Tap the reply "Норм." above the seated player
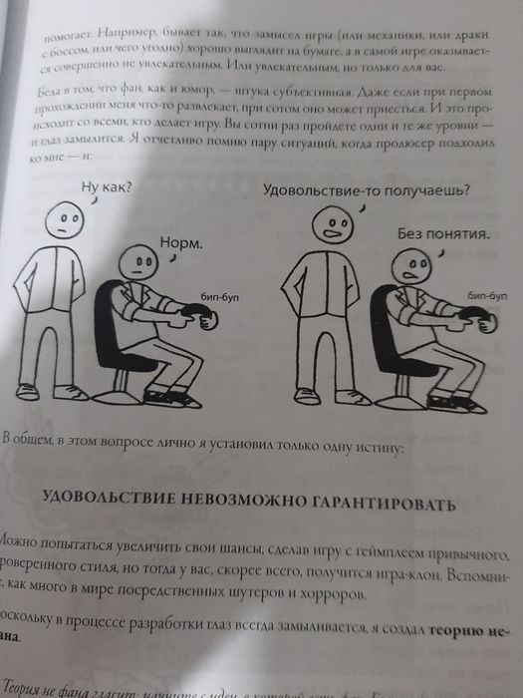pos(180,242)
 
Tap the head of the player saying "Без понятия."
pos(409,265)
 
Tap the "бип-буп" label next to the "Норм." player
pos(221,296)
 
